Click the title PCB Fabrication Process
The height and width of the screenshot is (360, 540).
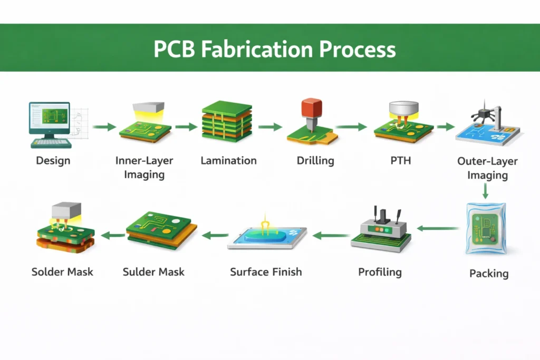pos(274,49)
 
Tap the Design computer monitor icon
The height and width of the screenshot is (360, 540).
pos(50,118)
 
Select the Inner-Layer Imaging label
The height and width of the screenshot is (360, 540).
pos(144,167)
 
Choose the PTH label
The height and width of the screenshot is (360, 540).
pos(400,161)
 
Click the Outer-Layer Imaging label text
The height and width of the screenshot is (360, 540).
pos(487,168)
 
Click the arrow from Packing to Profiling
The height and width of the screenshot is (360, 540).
pos(438,228)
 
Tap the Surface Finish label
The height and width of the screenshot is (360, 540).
pos(266,272)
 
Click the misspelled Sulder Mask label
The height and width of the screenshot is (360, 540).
pos(153,272)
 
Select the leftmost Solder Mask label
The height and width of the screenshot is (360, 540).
pos(62,272)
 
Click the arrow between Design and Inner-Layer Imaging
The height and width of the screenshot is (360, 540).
pos(104,127)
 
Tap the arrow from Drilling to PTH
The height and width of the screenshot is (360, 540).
pos(351,127)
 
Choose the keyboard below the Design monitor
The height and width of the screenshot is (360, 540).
pos(51,142)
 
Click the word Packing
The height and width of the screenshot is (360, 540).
pos(488,274)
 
